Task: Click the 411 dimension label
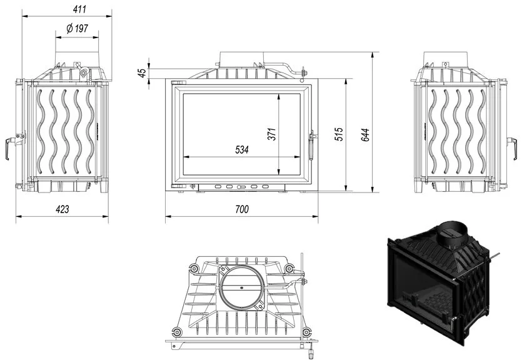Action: click(79, 9)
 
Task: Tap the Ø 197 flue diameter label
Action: click(78, 28)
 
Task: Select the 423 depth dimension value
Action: click(63, 209)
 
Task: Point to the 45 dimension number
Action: click(142, 73)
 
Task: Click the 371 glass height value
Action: click(272, 134)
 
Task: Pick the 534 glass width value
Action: click(242, 150)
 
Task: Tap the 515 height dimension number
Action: click(339, 134)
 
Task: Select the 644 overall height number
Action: click(365, 135)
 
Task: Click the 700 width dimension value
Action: click(242, 209)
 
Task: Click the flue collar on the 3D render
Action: click(451, 234)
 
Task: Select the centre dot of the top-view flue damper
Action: click(242, 287)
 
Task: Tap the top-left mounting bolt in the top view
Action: click(194, 268)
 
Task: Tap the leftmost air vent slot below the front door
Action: click(218, 187)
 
